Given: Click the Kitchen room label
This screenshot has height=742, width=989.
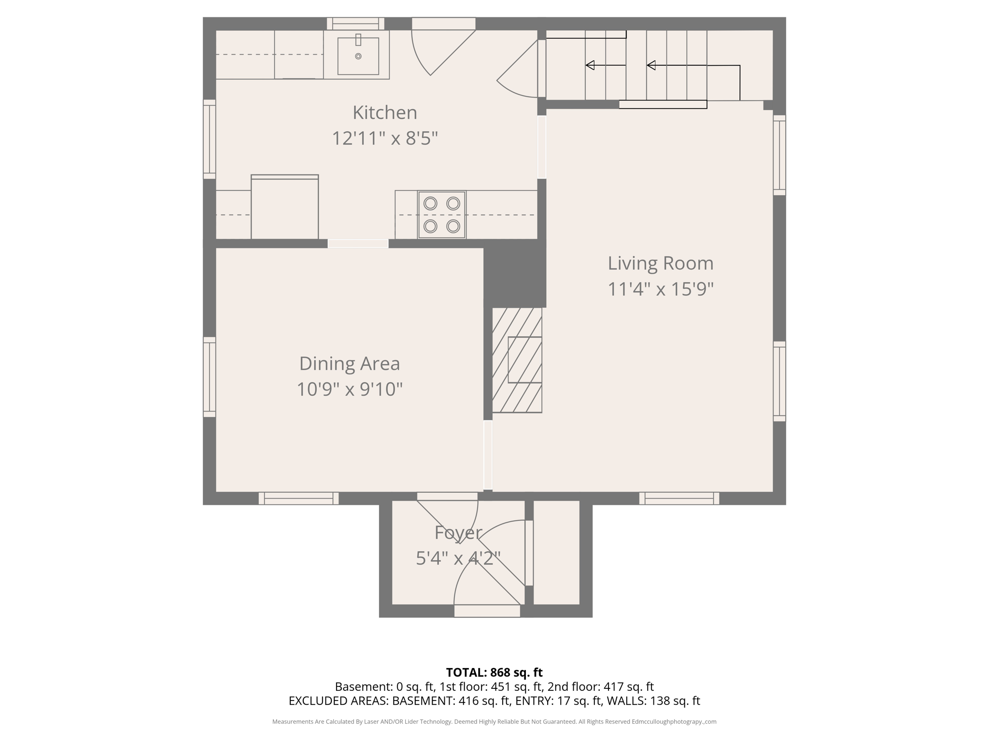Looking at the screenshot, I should click(x=384, y=113).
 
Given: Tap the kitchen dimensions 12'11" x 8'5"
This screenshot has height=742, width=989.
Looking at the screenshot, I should click(x=384, y=139).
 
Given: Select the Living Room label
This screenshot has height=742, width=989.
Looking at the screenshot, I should click(x=660, y=263).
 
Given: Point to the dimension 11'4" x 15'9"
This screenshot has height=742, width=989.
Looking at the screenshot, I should click(x=660, y=289).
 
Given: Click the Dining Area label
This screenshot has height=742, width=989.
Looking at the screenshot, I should click(x=349, y=364).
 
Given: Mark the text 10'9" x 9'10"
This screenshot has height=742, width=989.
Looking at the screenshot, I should click(x=349, y=389).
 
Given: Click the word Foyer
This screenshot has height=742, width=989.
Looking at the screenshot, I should click(x=458, y=533).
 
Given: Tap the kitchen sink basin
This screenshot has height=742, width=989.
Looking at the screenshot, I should click(x=358, y=56).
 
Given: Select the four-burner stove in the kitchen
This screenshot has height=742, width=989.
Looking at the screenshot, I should click(x=441, y=215).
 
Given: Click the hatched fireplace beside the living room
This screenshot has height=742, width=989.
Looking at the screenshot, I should click(x=517, y=360).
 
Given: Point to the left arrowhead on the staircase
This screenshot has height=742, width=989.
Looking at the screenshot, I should click(x=590, y=65).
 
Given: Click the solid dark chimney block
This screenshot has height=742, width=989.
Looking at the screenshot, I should click(x=515, y=273).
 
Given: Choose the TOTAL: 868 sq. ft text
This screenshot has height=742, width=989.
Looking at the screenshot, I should click(x=494, y=672).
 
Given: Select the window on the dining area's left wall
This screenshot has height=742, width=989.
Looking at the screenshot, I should click(x=209, y=377).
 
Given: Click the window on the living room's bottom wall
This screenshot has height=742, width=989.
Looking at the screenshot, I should click(x=679, y=498).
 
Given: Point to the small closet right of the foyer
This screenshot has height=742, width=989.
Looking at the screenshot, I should click(x=556, y=552).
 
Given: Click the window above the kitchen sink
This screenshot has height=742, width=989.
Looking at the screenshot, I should click(x=355, y=24).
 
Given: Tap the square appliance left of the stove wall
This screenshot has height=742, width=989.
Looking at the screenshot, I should click(x=284, y=207).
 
